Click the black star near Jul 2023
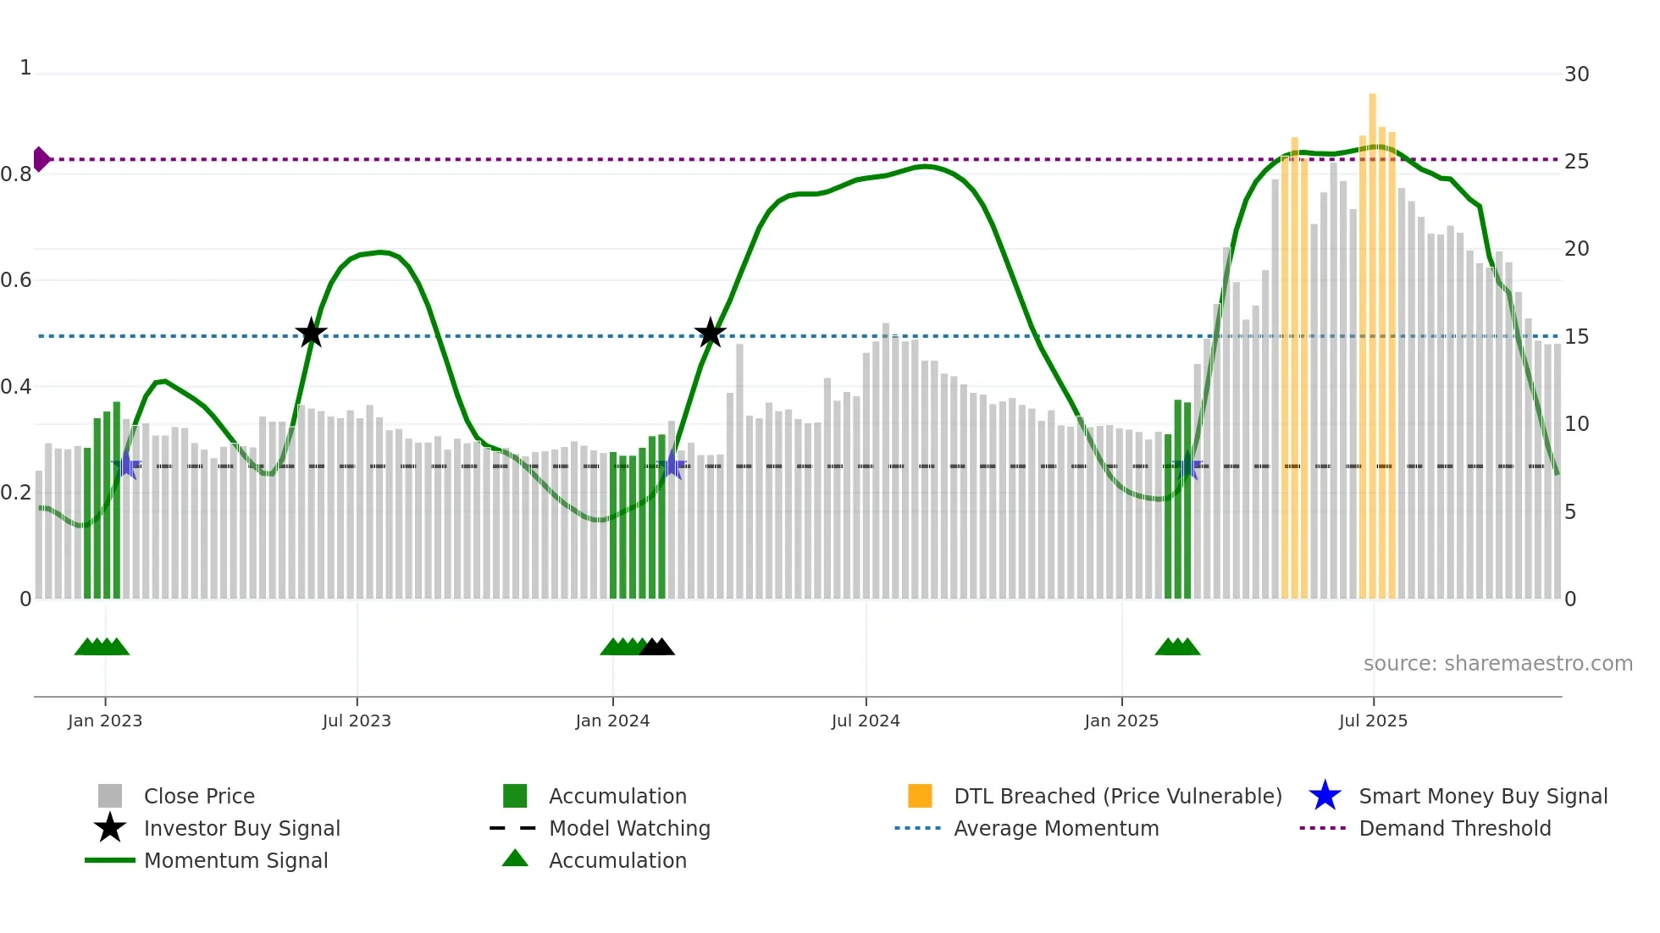pos(311,333)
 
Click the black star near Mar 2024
pos(710,333)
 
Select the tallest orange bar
pos(1372,339)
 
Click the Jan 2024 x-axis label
pos(612,720)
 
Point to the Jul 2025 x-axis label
pos(1373,720)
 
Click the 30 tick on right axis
pos(1576,75)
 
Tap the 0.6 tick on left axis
pos(17,280)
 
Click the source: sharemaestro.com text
pos(1497,664)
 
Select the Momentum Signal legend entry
pos(235,860)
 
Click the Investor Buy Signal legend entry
pos(241,828)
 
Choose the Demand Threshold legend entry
pos(1454,828)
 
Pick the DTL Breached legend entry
pos(1117,796)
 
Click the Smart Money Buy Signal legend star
pos(1325,796)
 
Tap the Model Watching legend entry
pos(628,828)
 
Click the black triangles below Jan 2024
pos(656,647)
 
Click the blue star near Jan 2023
pos(126,465)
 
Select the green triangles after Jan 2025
pos(1177,647)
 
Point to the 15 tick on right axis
pos(1576,337)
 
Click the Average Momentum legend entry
pos(1055,828)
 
